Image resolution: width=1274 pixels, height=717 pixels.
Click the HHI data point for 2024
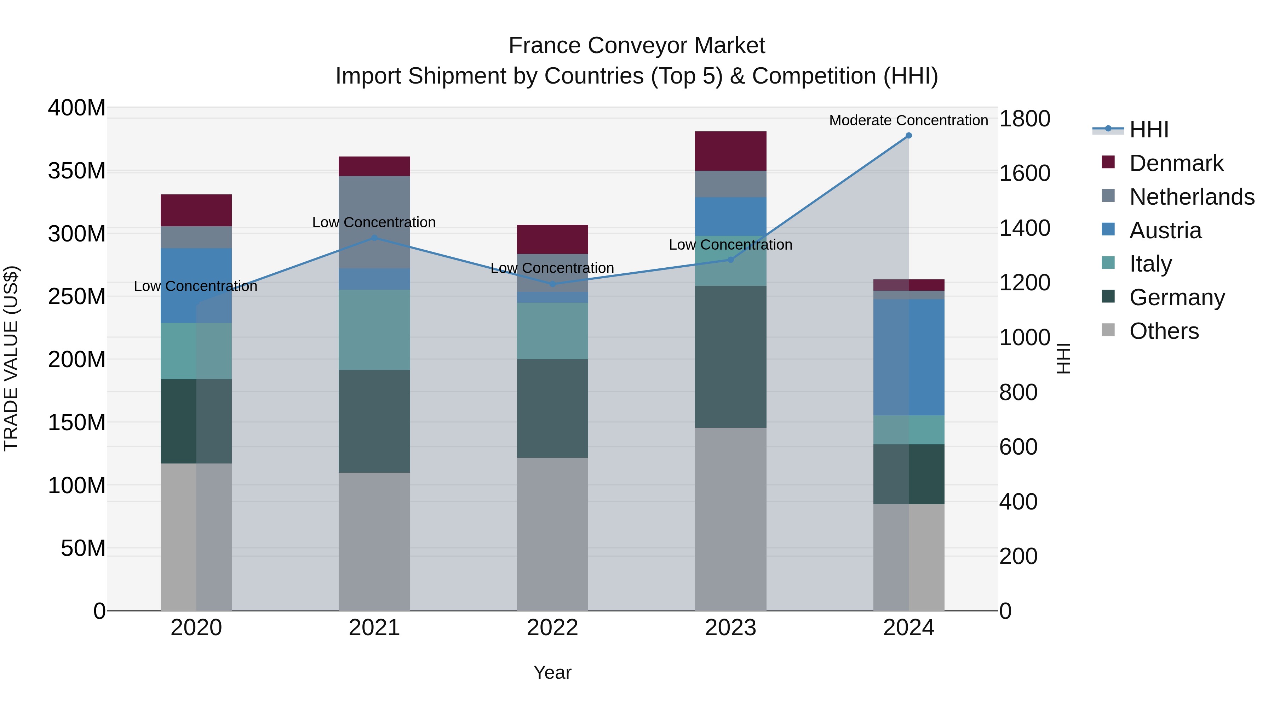coord(908,136)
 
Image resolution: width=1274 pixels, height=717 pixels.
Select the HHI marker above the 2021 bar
coord(374,238)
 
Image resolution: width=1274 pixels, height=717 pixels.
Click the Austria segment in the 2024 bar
coord(908,357)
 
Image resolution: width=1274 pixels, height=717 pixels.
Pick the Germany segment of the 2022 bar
coord(552,408)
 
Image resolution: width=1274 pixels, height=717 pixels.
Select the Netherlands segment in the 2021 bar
coord(374,222)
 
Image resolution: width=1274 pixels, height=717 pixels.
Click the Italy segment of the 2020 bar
coord(196,351)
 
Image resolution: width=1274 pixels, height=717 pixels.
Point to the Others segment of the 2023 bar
coord(730,519)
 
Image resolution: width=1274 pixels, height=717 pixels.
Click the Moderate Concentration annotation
coord(908,120)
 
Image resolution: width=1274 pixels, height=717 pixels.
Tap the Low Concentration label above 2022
coord(552,268)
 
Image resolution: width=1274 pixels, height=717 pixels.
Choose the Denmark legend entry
coord(1176,163)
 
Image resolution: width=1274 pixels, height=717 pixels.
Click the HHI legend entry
coord(1148,130)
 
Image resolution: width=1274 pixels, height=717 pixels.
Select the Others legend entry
coord(1164,331)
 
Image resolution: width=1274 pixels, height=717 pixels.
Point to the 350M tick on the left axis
coord(77,171)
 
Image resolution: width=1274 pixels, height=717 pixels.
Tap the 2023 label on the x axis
coord(730,628)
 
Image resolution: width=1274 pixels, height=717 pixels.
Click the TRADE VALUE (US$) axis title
coord(11,359)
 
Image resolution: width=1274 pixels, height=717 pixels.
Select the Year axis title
coord(552,672)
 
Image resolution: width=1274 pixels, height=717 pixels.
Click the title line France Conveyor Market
coord(637,46)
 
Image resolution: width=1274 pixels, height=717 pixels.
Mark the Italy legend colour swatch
coord(1108,263)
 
